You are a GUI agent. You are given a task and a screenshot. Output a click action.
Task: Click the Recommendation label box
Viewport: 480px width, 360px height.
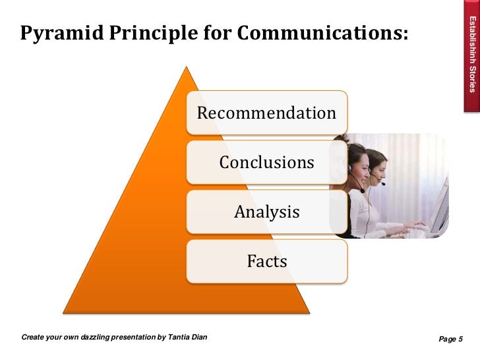click(x=266, y=113)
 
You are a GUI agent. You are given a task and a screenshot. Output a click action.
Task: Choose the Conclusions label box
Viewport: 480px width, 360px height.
click(x=266, y=162)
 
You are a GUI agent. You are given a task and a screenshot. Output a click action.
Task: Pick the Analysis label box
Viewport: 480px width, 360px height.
click(x=266, y=212)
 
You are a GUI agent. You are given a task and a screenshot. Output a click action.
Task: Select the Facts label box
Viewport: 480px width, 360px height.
click(x=266, y=262)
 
